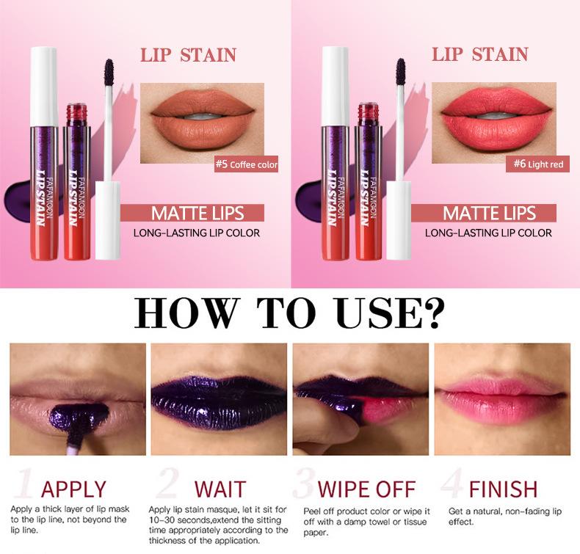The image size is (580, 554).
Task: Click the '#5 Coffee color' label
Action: pyautogui.click(x=246, y=164)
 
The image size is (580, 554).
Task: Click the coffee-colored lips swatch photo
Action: pyautogui.click(x=202, y=116)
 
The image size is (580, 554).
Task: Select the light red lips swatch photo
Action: pyautogui.click(x=493, y=116)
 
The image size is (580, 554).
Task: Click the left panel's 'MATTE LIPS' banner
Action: pyautogui.click(x=198, y=214)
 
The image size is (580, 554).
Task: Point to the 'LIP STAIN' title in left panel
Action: pyautogui.click(x=189, y=55)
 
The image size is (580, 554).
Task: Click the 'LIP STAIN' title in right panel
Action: pyautogui.click(x=479, y=55)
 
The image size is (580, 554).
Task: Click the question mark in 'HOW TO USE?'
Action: pyautogui.click(x=432, y=314)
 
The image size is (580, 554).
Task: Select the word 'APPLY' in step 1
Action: pyautogui.click(x=73, y=489)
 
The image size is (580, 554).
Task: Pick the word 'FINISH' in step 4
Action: pyautogui.click(x=503, y=489)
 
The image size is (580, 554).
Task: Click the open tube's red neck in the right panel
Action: pyautogui.click(x=367, y=114)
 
